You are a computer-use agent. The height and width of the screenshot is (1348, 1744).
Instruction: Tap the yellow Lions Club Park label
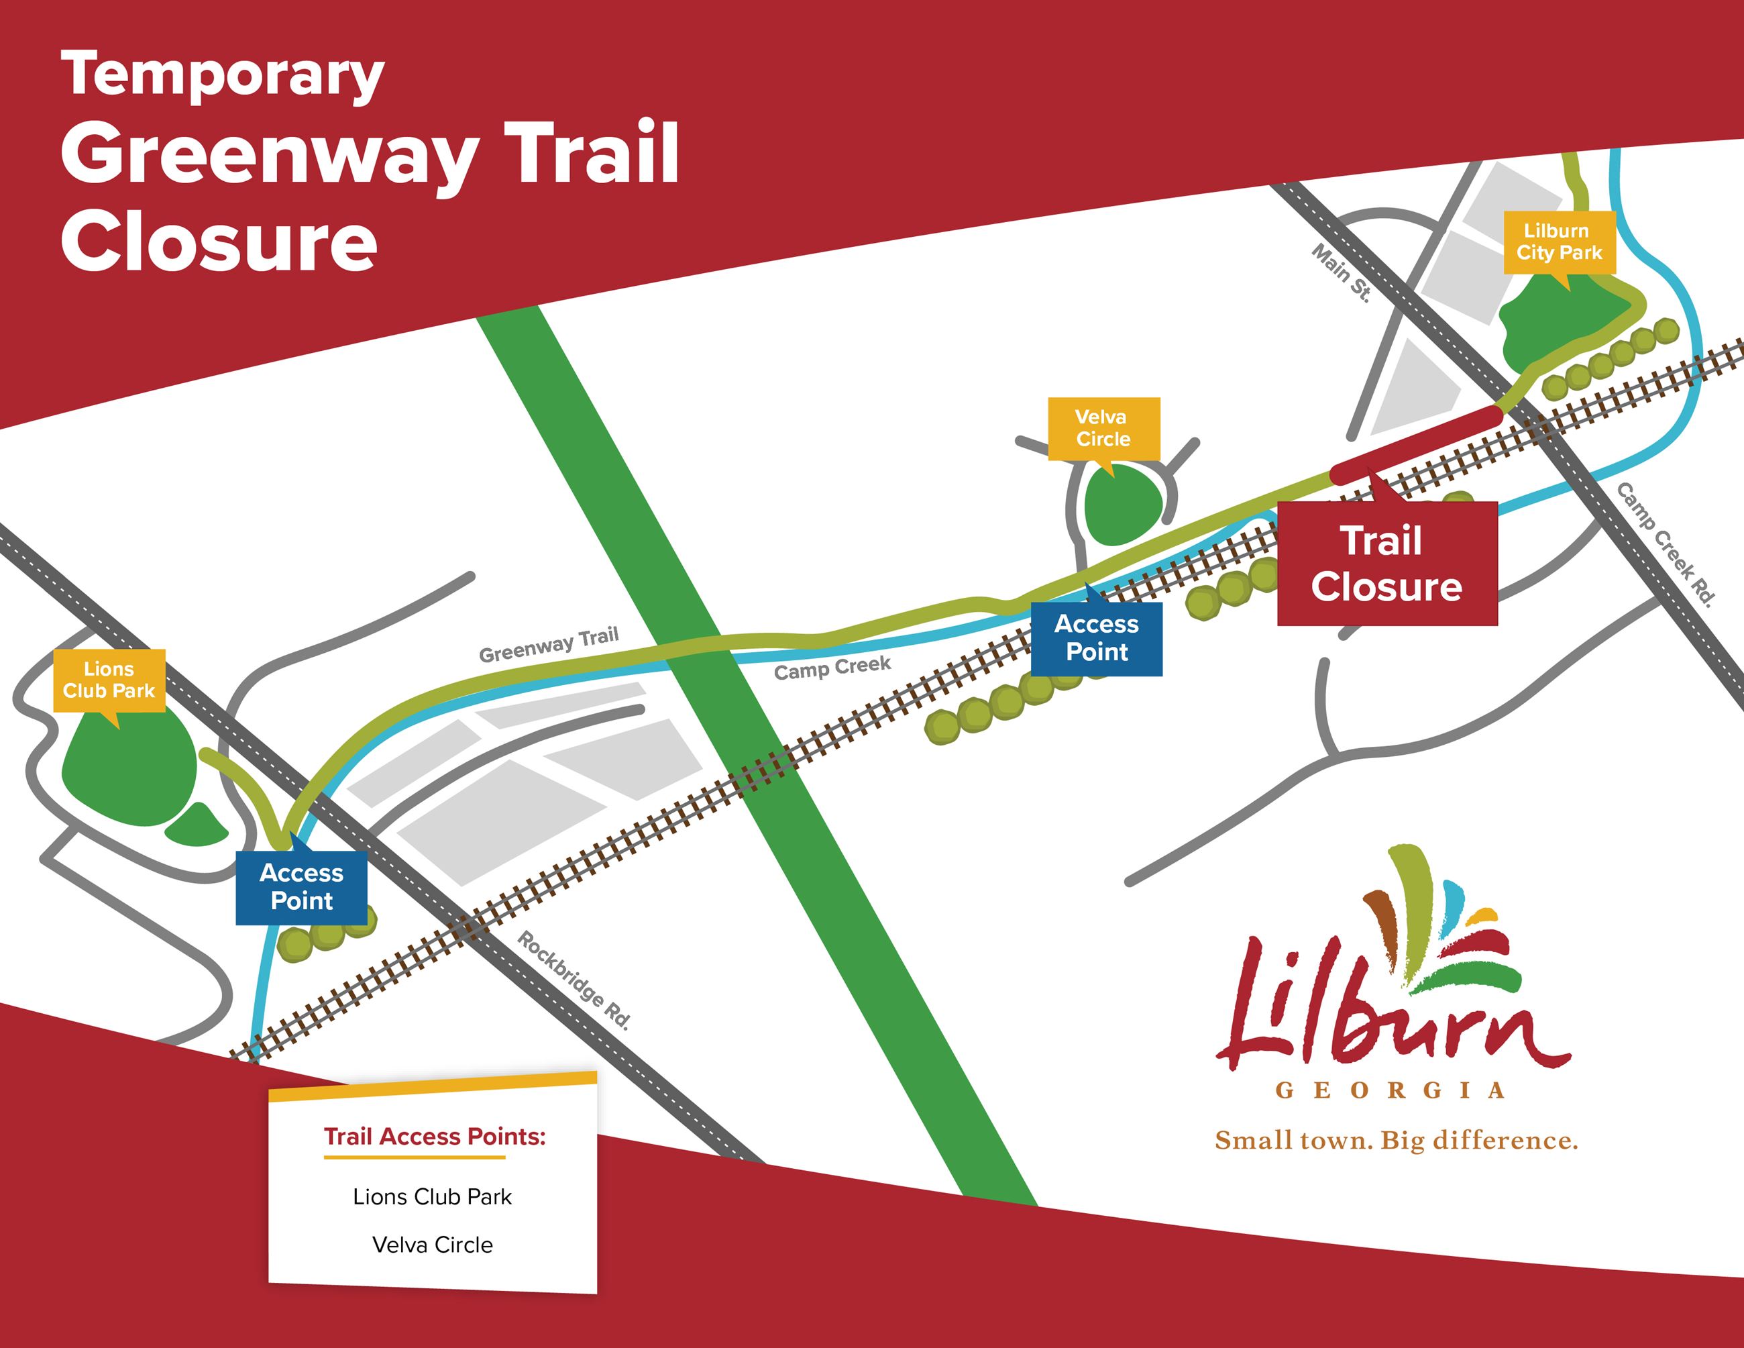pos(109,680)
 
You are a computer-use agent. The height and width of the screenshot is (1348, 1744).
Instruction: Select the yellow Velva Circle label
pos(1103,428)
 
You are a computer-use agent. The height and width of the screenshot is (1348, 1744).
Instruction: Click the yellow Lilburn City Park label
pos(1559,242)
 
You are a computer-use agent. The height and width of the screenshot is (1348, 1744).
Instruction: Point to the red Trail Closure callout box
pos(1387,564)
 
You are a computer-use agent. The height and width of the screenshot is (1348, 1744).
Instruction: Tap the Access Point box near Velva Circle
pos(1097,638)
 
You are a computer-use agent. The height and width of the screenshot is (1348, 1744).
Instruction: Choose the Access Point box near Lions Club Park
pos(301,887)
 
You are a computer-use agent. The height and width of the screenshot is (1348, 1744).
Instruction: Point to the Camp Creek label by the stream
pos(832,668)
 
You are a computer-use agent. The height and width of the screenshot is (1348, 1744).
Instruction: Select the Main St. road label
pos(1342,274)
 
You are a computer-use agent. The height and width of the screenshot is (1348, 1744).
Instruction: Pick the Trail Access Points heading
pos(435,1137)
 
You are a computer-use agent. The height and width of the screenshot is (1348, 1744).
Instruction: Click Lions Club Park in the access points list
pos(432,1197)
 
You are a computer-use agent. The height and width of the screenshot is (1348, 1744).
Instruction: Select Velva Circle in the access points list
pos(432,1245)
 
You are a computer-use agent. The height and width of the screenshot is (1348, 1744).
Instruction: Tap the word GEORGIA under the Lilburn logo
pos(1389,1091)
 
